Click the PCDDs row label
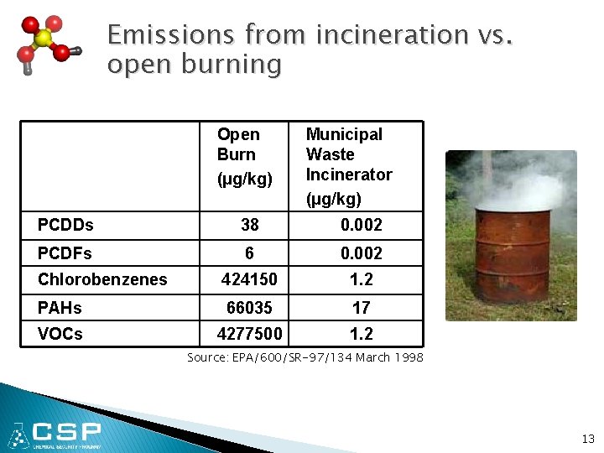pyautogui.click(x=65, y=225)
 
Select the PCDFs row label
pyautogui.click(x=65, y=253)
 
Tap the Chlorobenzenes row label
pyautogui.click(x=102, y=279)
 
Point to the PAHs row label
pyautogui.click(x=60, y=308)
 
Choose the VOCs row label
pyautogui.click(x=60, y=334)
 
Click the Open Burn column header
pyautogui.click(x=239, y=155)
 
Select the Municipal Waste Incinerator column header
pyautogui.click(x=348, y=165)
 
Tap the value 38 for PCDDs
pyautogui.click(x=250, y=225)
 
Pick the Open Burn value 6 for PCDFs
pyautogui.click(x=249, y=253)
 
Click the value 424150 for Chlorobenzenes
pyautogui.click(x=250, y=279)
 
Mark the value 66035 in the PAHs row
pyautogui.click(x=250, y=308)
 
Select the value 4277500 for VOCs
pyautogui.click(x=250, y=334)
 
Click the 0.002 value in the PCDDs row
pyautogui.click(x=361, y=225)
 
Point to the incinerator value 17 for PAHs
pyautogui.click(x=361, y=308)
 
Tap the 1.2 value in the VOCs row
pyautogui.click(x=361, y=334)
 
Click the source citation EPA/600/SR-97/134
pyautogui.click(x=305, y=357)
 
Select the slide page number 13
pyautogui.click(x=587, y=439)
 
